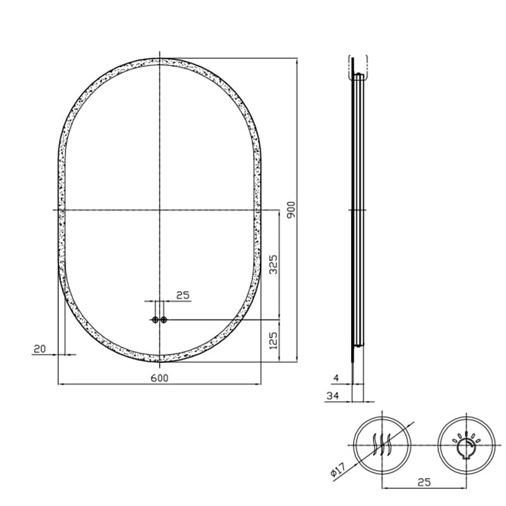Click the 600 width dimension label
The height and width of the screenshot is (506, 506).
point(159,378)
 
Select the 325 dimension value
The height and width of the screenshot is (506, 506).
point(273,264)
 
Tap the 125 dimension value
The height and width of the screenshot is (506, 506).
point(273,341)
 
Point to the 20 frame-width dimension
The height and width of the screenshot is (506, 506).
point(40,349)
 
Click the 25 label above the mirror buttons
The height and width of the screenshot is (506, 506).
point(183,295)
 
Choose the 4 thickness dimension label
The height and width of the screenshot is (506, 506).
point(336,378)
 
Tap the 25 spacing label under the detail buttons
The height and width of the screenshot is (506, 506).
point(424,482)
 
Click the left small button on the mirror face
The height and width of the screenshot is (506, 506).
point(156,320)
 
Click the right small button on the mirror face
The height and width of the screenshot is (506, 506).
point(164,320)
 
